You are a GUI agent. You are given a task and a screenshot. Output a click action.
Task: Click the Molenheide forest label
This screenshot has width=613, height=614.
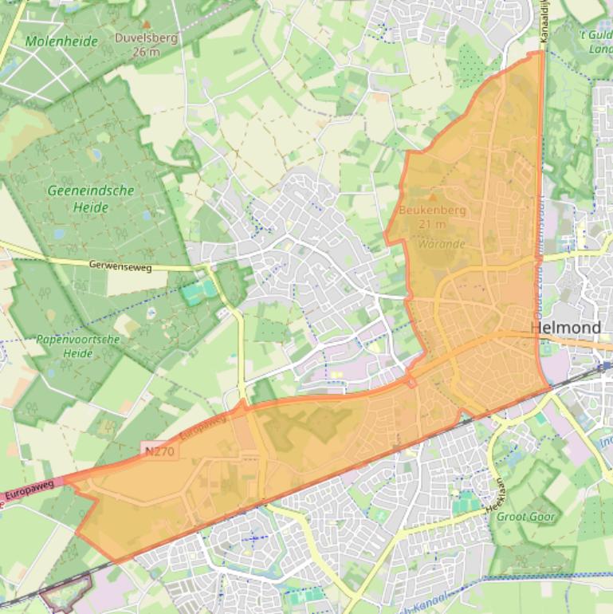pyautogui.click(x=61, y=41)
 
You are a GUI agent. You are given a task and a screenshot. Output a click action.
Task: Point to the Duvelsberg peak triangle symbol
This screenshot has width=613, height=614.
pyautogui.click(x=145, y=25)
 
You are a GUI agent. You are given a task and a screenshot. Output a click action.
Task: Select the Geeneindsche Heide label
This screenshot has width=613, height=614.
pyautogui.click(x=91, y=199)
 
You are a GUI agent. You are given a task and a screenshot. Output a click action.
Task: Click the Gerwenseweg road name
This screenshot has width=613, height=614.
pyautogui.click(x=120, y=266)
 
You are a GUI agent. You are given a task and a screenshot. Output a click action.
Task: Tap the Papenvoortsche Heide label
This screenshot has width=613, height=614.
pyautogui.click(x=77, y=345)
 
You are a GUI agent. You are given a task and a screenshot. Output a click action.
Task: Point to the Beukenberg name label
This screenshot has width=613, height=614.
pyautogui.click(x=432, y=211)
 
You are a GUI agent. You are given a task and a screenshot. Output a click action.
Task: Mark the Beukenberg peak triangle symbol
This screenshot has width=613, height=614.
pyautogui.click(x=433, y=197)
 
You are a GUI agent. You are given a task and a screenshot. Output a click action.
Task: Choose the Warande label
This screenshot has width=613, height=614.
pyautogui.click(x=441, y=243)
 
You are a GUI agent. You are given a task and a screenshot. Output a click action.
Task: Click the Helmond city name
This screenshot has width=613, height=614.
pyautogui.click(x=565, y=328)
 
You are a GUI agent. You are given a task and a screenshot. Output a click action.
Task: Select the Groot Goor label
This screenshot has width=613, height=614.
pyautogui.click(x=526, y=516)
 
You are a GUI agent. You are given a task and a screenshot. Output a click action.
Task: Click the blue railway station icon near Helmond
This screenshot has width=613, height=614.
pyautogui.click(x=606, y=366)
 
